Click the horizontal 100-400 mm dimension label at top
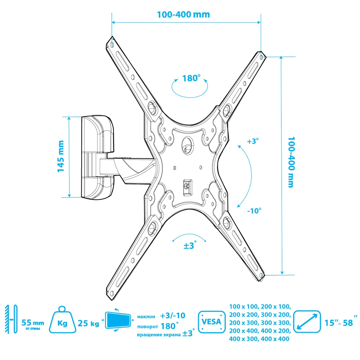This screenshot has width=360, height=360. [x=183, y=14]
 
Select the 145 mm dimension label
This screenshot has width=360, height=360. [x=60, y=156]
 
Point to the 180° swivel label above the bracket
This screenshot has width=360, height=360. [x=191, y=78]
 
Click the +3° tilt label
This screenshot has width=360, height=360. [x=253, y=141]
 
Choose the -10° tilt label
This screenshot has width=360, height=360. [x=254, y=211]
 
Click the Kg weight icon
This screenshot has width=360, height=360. [x=62, y=319]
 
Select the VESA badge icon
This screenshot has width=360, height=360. [x=211, y=321]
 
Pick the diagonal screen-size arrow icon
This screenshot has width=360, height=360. [x=307, y=321]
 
